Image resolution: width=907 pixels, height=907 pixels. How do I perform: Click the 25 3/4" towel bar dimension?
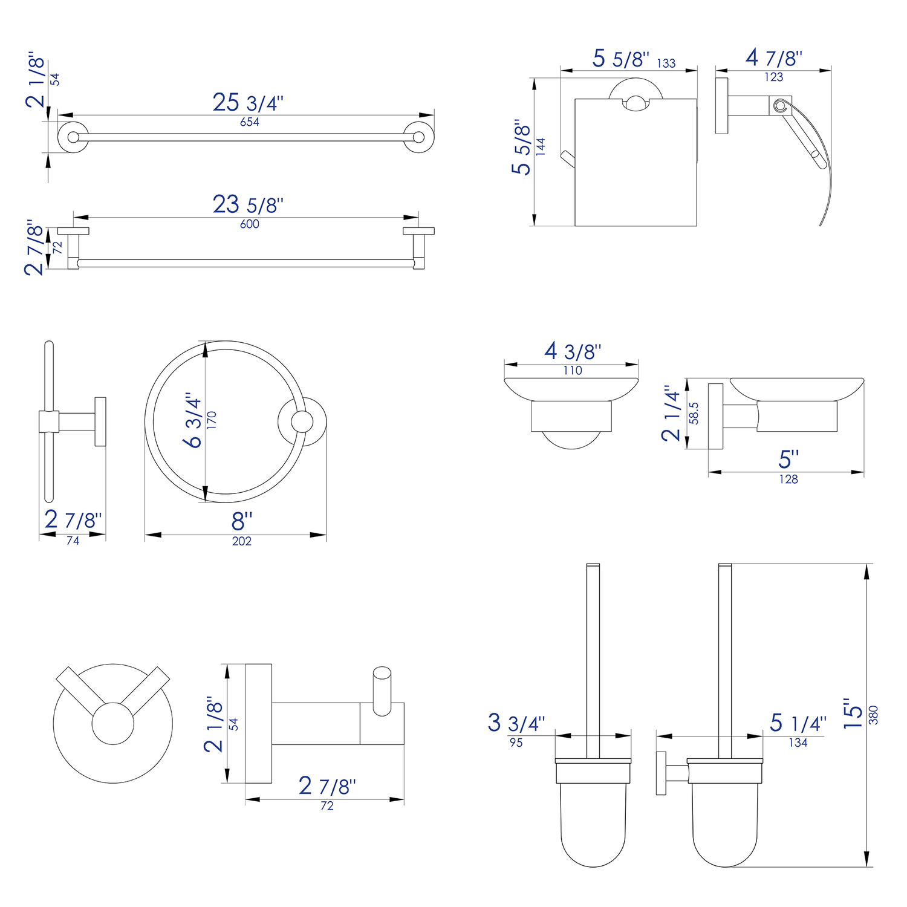(x=248, y=102)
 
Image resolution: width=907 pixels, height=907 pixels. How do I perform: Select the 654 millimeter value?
(x=250, y=122)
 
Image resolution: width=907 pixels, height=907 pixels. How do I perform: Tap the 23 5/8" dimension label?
(x=248, y=204)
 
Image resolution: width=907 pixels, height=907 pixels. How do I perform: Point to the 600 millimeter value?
(x=250, y=224)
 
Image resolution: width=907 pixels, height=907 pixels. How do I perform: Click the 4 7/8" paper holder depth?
(x=774, y=58)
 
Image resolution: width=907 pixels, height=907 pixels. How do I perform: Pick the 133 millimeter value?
(x=666, y=63)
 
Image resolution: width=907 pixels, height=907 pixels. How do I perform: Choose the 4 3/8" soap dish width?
(x=573, y=351)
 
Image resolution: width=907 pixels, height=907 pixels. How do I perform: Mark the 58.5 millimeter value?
(x=694, y=414)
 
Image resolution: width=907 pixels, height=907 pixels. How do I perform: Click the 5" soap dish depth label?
(x=788, y=459)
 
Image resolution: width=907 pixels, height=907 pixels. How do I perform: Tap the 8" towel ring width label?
(x=242, y=521)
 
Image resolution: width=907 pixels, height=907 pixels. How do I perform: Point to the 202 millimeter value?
(x=242, y=541)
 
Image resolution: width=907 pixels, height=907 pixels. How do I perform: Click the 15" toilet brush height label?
(x=853, y=714)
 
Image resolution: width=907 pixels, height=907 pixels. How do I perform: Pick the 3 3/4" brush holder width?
(x=516, y=723)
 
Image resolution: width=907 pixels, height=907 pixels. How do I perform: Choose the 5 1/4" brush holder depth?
(x=798, y=723)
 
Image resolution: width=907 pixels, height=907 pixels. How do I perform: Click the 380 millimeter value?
(x=873, y=715)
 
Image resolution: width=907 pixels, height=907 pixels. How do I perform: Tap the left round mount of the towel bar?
(x=73, y=137)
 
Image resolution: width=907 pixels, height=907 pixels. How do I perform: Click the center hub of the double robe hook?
(x=112, y=723)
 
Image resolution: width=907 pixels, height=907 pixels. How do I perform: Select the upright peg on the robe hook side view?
(x=382, y=691)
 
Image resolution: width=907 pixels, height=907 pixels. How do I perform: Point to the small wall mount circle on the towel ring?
(x=302, y=421)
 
